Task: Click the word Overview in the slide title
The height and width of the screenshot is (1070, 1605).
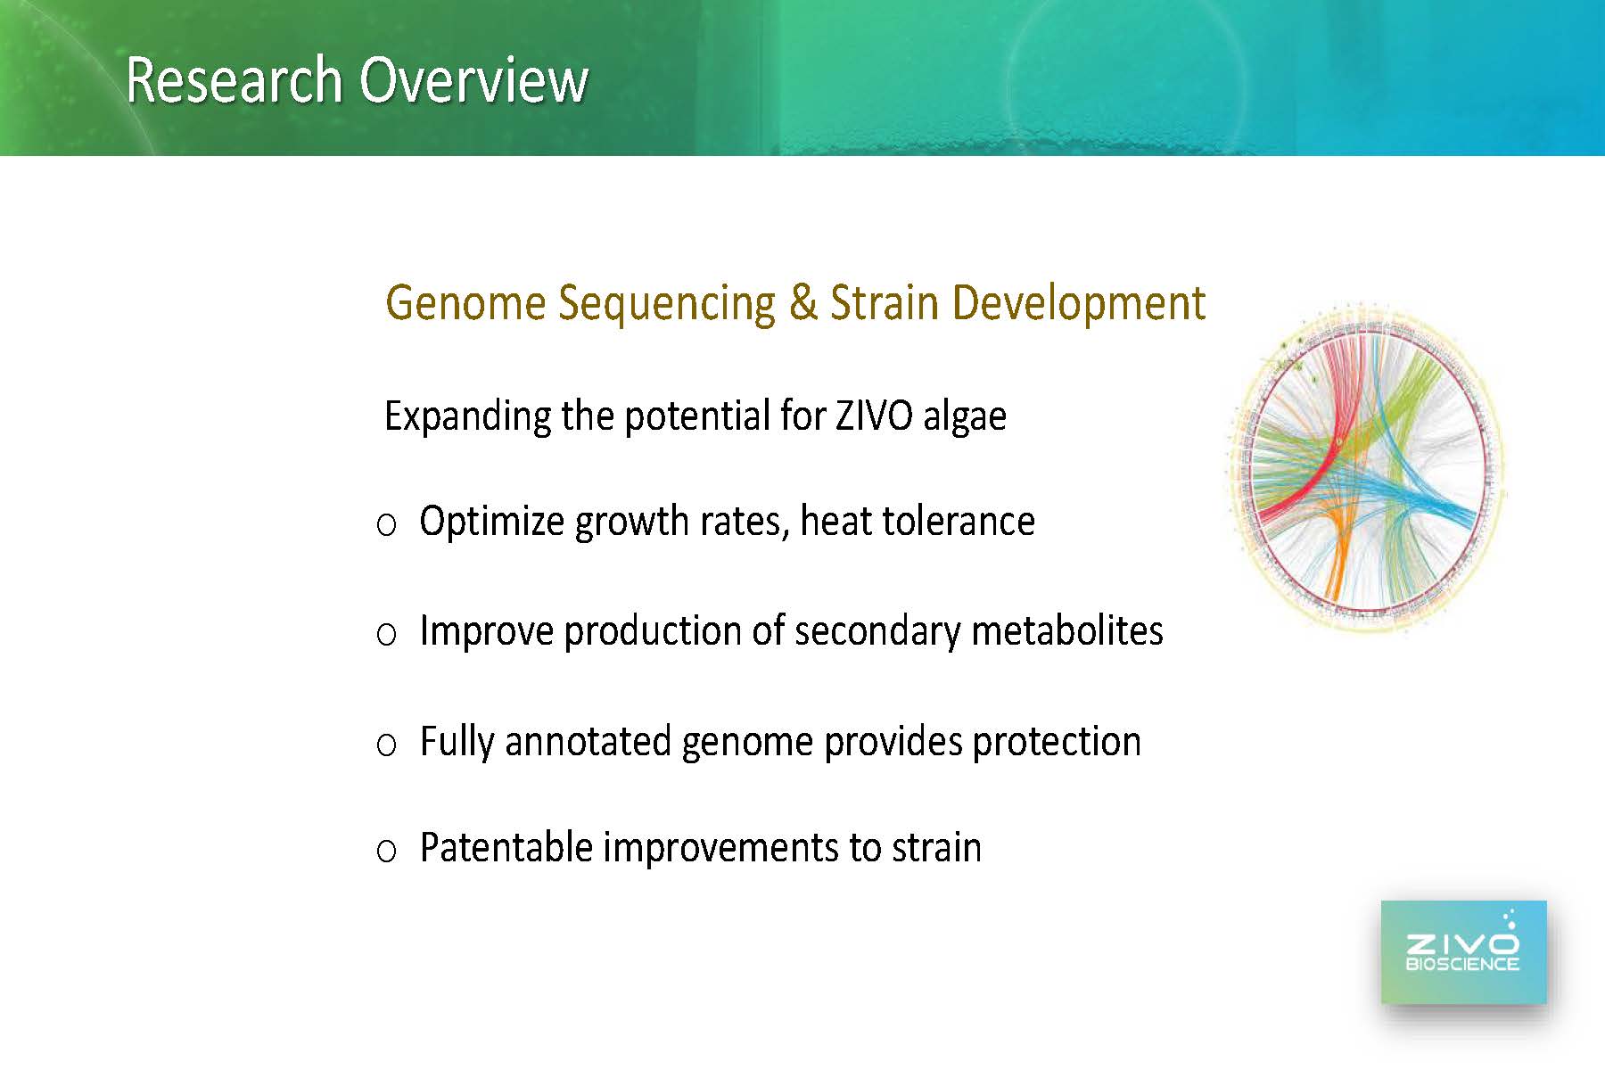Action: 473,80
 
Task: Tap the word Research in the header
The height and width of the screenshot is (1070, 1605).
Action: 235,80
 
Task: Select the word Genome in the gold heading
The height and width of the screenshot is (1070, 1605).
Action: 465,304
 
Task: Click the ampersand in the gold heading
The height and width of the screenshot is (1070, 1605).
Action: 802,302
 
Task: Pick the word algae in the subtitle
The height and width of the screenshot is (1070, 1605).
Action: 965,417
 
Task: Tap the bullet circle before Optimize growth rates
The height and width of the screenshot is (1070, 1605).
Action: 386,525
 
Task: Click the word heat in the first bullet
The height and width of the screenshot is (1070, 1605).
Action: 836,521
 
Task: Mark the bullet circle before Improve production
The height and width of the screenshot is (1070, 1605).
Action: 386,635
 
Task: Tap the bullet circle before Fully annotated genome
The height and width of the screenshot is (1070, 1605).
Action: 386,745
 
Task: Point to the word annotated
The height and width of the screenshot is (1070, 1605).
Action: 588,741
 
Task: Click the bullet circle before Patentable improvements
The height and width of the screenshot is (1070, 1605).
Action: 386,851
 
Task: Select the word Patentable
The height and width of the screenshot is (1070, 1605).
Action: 506,847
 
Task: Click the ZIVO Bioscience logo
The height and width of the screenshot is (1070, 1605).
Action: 1463,951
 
